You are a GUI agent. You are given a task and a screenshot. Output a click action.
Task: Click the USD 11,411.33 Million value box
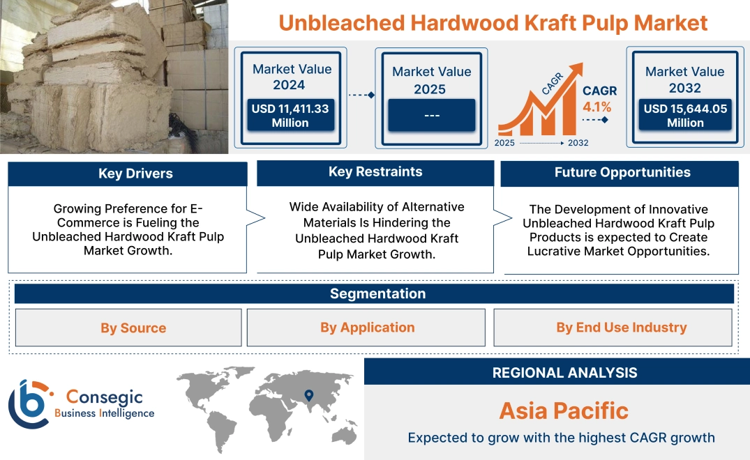click(290, 115)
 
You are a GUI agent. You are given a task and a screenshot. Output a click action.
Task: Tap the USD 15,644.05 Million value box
click(685, 115)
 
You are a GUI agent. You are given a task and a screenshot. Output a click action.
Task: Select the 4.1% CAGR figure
click(597, 107)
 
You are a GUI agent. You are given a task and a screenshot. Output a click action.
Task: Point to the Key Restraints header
click(375, 172)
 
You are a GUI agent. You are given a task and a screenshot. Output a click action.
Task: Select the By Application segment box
click(366, 327)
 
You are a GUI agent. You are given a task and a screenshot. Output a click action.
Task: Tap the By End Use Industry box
click(613, 327)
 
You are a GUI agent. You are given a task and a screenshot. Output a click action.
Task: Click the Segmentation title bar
click(374, 293)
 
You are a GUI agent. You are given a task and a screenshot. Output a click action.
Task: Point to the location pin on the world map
click(309, 395)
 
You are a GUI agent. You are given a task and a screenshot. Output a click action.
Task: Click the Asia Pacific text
click(564, 411)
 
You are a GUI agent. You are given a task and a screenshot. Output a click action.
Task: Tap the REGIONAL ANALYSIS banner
click(557, 371)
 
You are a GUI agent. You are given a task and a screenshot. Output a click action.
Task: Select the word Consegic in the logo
click(104, 397)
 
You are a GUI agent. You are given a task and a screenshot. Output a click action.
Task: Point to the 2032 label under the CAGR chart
click(578, 143)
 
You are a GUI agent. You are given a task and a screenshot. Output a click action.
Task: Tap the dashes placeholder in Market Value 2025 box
click(431, 116)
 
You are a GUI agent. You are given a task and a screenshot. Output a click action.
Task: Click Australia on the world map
click(344, 435)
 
